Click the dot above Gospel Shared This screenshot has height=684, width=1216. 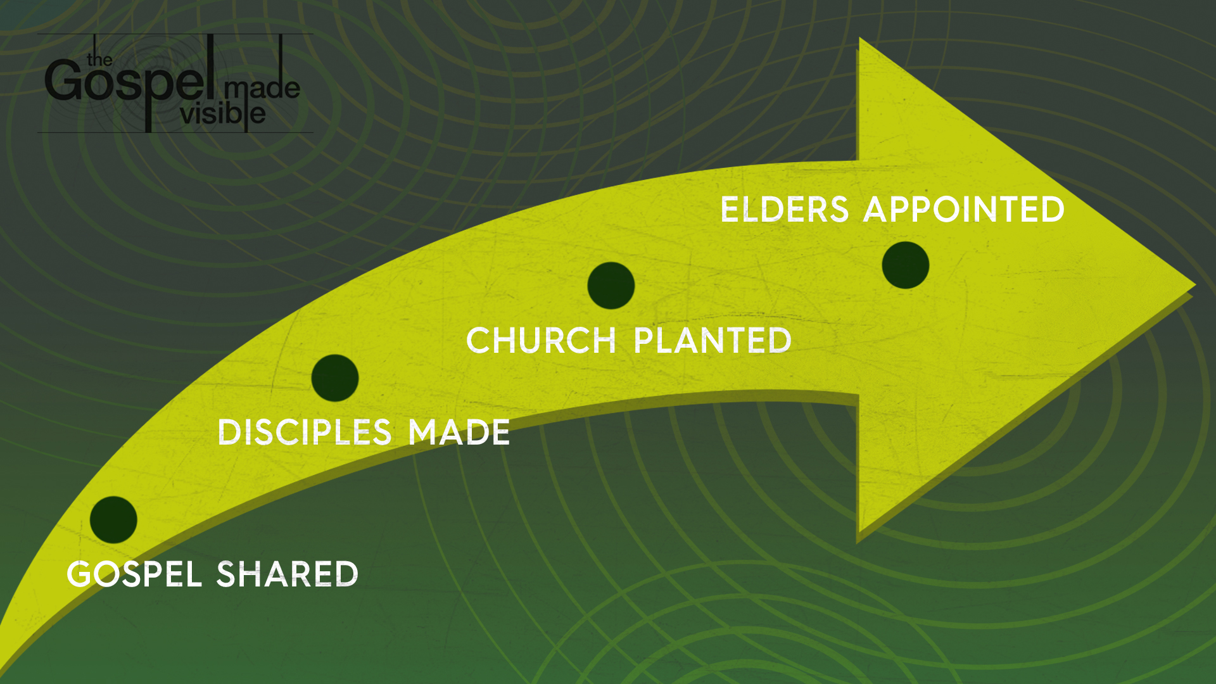click(113, 520)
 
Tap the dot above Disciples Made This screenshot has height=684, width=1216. click(335, 378)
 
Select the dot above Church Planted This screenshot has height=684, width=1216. click(611, 286)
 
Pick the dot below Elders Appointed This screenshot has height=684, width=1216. click(906, 265)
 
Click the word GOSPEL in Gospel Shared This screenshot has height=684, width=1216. click(134, 574)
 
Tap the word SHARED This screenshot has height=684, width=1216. click(288, 574)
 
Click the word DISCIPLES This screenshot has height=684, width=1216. click(305, 433)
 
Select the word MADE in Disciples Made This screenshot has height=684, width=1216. click(459, 433)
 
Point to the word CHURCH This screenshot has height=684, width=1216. click(541, 340)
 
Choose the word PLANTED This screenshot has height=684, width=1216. click(712, 340)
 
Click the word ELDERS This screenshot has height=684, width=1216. click(785, 209)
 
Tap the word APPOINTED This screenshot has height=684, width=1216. click(964, 209)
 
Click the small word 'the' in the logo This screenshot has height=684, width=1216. click(100, 60)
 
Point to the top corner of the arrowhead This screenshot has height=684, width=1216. click(859, 38)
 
